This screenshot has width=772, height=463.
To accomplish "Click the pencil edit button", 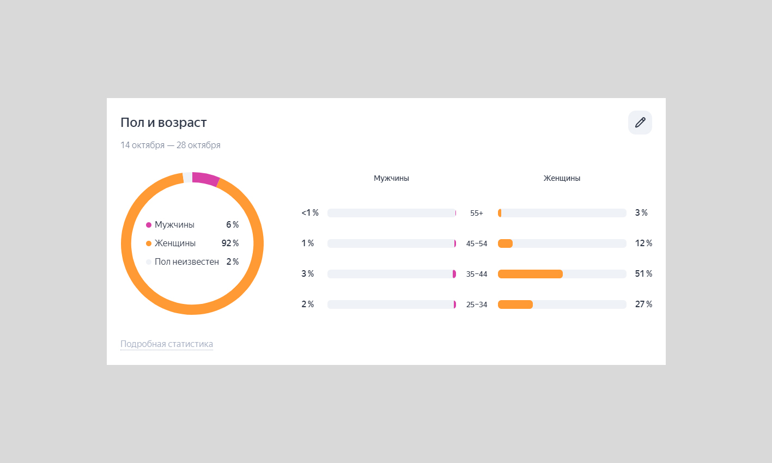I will (x=640, y=123).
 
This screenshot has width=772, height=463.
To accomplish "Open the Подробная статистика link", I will (x=167, y=344).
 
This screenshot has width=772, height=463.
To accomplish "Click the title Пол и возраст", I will (x=163, y=123).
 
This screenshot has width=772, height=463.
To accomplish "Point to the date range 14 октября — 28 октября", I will (x=171, y=145).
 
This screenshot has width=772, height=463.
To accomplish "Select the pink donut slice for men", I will (x=205, y=178).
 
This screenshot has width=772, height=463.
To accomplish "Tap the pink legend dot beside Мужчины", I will (x=149, y=225).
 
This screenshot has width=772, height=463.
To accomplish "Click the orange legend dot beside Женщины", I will (x=149, y=243).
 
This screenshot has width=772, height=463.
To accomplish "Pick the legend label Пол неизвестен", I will (x=187, y=262).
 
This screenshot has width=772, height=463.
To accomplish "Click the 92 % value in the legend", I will (x=230, y=243).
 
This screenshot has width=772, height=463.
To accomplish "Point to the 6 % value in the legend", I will (x=233, y=225).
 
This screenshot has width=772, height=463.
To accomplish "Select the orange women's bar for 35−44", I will (x=530, y=274).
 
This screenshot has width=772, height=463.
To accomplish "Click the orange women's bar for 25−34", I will (x=515, y=304).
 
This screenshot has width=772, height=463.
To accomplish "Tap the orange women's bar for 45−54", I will (x=506, y=243).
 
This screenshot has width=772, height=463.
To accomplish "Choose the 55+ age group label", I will (x=477, y=214).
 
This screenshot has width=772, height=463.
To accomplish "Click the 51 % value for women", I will (x=643, y=274).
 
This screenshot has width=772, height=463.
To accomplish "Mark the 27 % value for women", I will (x=643, y=304).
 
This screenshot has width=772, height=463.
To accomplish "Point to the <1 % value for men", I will (x=310, y=213).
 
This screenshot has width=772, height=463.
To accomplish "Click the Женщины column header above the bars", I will (x=562, y=178).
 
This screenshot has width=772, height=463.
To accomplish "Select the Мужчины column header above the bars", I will (x=391, y=178).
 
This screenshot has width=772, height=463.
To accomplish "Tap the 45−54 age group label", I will (x=477, y=244).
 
